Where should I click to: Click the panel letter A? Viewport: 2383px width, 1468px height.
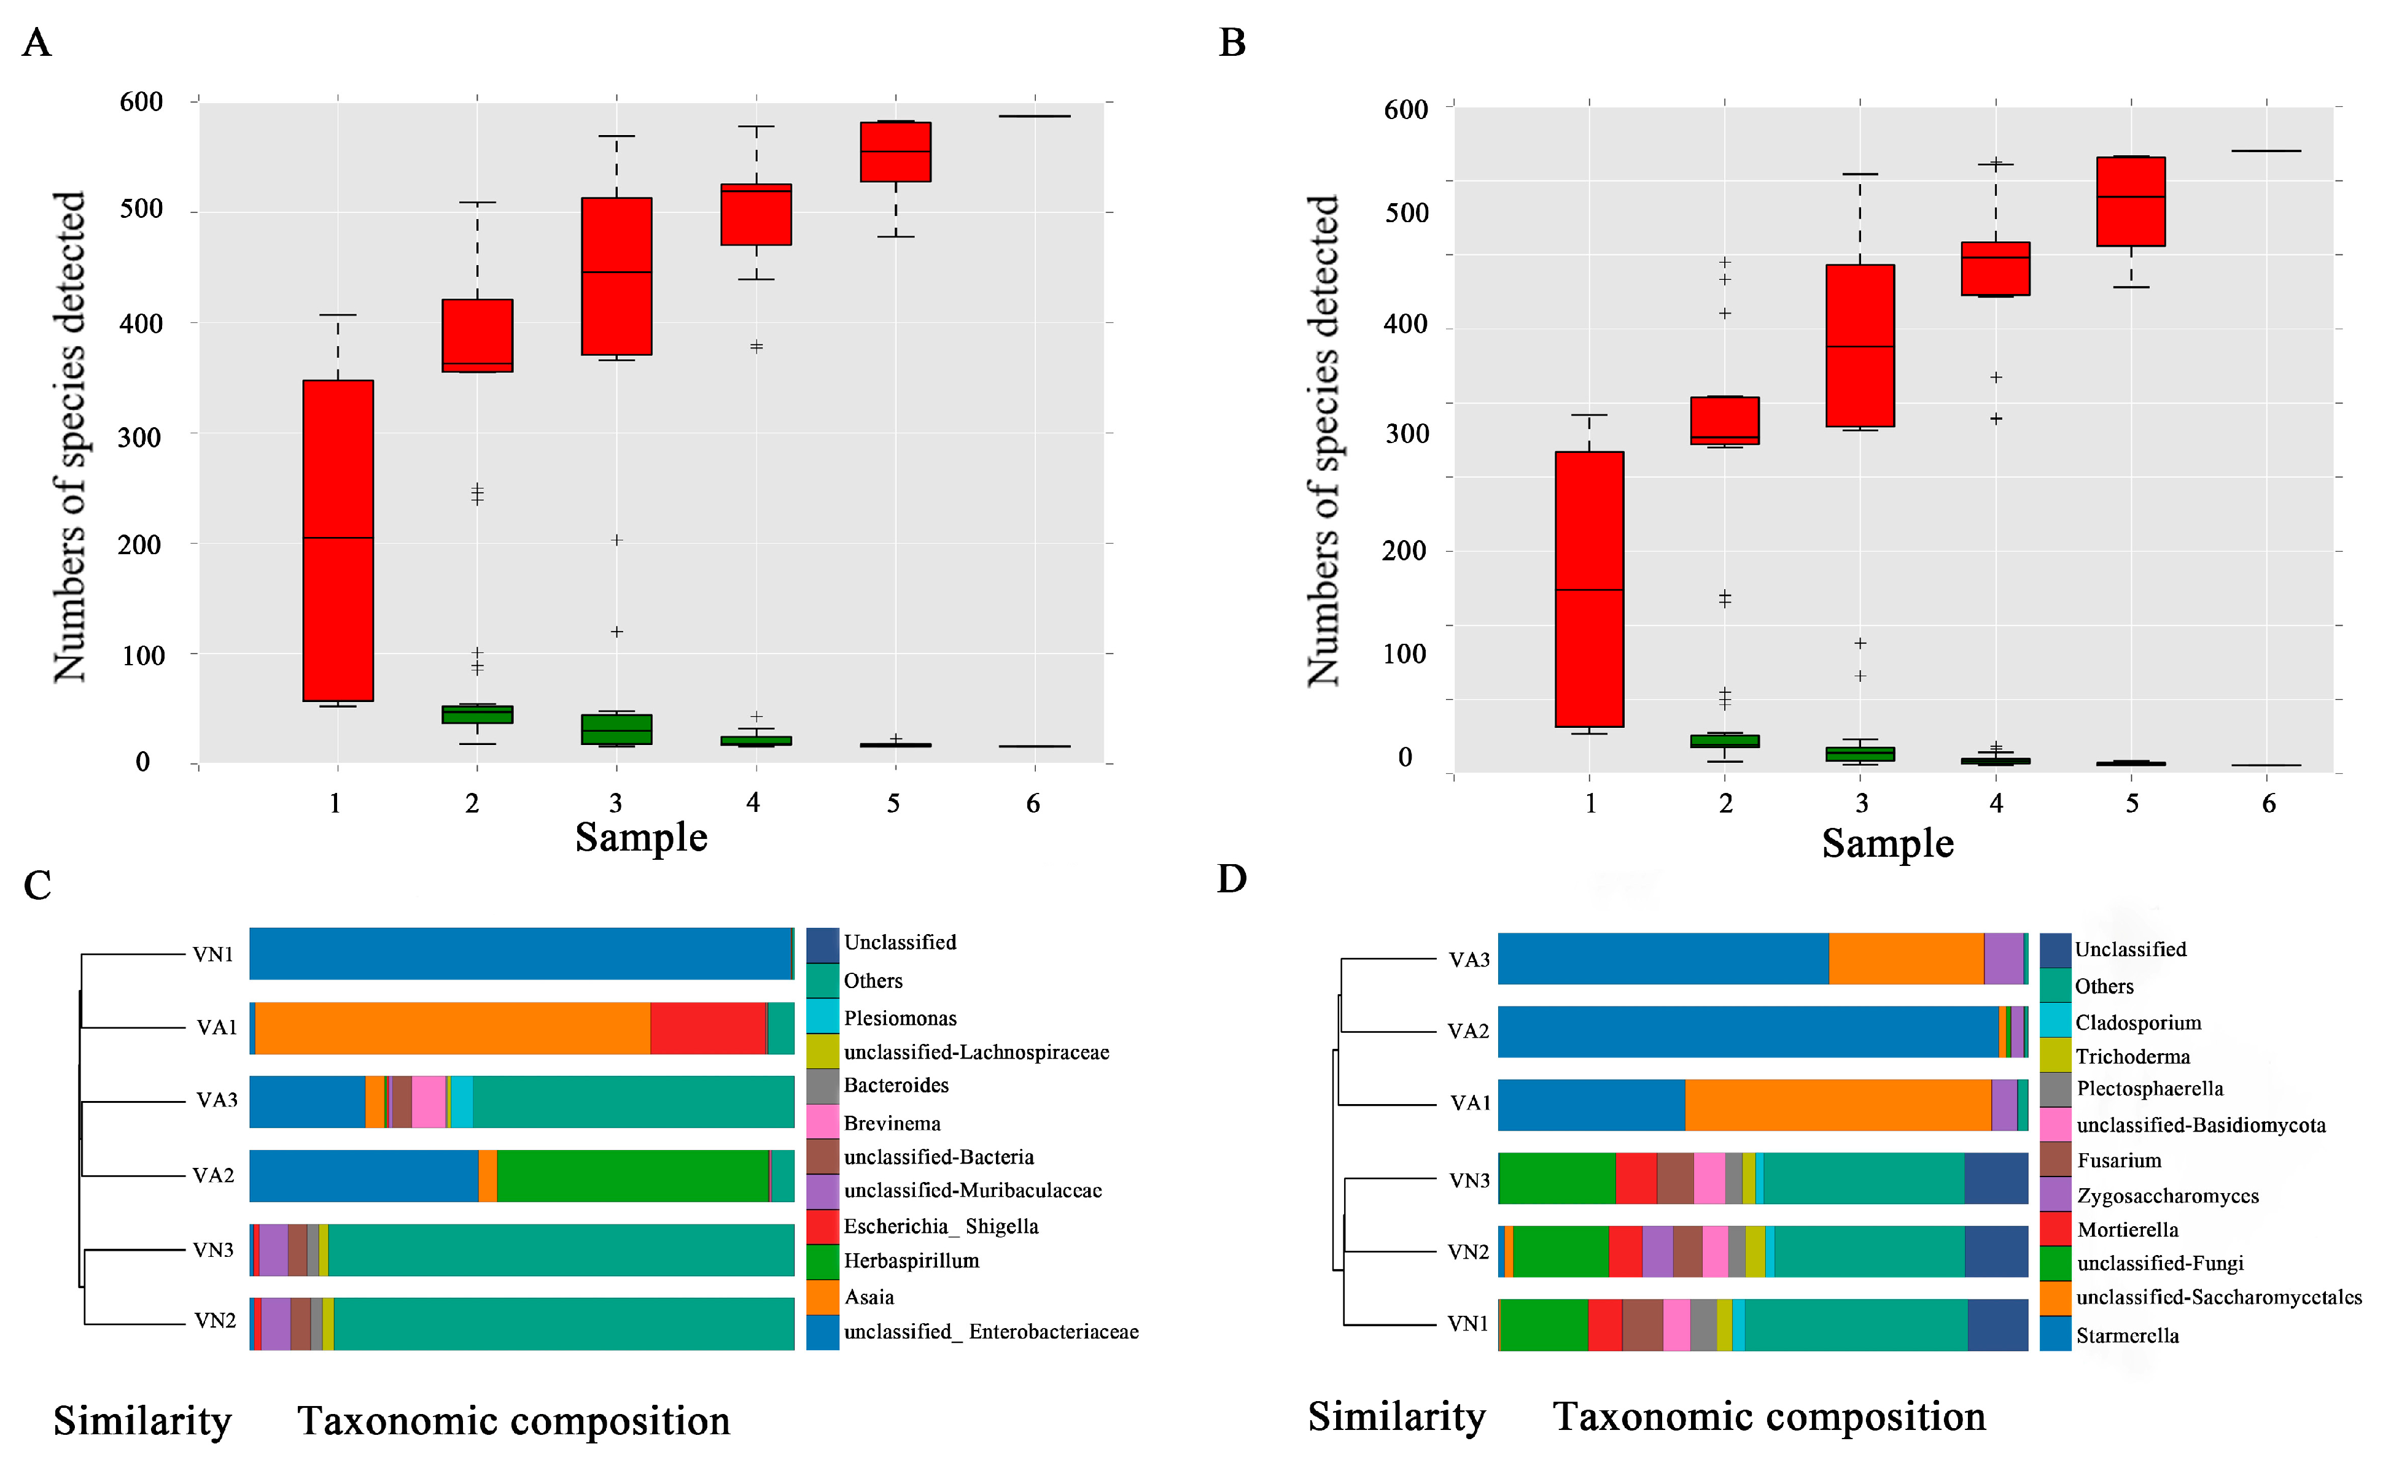[37, 43]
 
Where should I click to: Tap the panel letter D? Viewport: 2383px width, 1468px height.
[1231, 879]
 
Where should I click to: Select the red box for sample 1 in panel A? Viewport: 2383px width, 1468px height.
[338, 541]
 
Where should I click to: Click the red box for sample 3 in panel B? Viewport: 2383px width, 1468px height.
[1860, 346]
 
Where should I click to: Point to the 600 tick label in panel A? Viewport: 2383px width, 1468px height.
[141, 102]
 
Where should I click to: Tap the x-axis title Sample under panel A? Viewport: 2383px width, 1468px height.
[641, 837]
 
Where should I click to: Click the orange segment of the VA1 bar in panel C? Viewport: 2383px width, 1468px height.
[453, 1028]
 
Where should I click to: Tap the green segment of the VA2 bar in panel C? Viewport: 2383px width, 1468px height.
[632, 1176]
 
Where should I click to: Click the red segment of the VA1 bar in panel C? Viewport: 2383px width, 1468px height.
[708, 1028]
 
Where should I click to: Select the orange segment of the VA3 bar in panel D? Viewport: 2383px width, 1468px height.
[1906, 959]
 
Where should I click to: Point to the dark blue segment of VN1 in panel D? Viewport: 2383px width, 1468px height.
[1997, 1325]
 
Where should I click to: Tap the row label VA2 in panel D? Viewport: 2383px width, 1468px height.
[1468, 1031]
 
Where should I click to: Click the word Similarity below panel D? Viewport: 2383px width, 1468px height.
[1396, 1416]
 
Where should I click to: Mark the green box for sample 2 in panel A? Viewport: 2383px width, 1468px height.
[477, 714]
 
